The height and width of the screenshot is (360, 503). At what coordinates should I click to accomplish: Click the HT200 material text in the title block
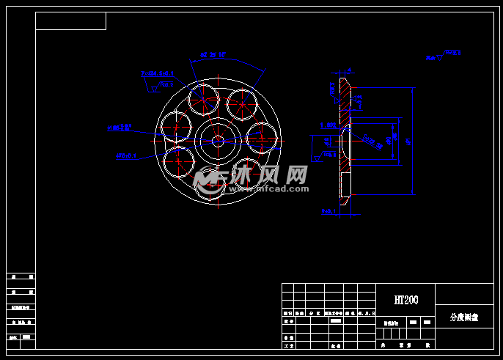tap(405, 300)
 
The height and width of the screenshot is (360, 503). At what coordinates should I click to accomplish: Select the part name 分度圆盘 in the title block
tap(463, 317)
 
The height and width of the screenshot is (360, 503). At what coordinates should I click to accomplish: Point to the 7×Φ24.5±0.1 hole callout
tap(157, 73)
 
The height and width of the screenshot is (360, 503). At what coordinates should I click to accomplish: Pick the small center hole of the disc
tap(218, 140)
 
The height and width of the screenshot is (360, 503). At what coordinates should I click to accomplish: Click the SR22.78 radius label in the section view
tap(372, 142)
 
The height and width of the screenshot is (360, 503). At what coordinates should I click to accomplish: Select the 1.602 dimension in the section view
tap(328, 125)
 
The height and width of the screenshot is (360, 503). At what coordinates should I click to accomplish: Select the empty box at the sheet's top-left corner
tap(70, 21)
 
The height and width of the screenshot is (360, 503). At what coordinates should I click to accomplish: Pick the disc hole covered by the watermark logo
tap(209, 181)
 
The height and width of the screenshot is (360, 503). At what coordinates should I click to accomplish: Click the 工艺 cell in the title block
tap(288, 345)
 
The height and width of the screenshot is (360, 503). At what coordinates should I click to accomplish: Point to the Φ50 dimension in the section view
tap(395, 136)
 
